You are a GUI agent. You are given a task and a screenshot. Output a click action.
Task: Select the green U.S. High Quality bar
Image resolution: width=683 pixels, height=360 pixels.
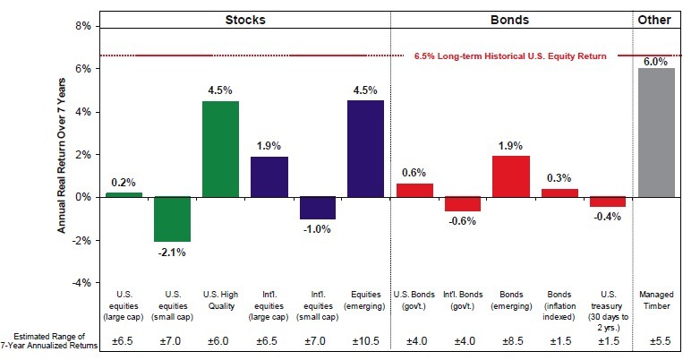tap(220, 149)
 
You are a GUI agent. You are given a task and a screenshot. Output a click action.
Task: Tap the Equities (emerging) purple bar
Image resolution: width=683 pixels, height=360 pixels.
tap(365, 149)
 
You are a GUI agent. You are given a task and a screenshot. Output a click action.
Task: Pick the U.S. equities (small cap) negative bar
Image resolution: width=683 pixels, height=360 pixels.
tap(172, 219)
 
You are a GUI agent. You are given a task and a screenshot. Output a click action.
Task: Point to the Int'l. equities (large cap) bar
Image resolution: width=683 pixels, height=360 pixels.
tap(269, 176)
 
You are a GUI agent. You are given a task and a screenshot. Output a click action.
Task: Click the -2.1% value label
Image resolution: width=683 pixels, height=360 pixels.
tap(172, 252)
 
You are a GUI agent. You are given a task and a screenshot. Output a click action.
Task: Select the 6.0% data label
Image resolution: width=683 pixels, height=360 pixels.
tap(656, 61)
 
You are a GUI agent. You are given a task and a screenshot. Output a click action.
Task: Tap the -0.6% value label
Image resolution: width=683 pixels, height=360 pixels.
tap(462, 222)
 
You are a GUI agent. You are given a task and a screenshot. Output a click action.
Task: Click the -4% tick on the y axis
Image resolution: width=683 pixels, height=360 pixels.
tap(81, 283)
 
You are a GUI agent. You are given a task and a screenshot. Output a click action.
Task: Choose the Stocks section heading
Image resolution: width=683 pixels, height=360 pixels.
tap(244, 18)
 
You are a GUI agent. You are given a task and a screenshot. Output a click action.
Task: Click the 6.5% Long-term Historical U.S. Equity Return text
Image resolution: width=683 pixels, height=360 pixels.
tap(510, 56)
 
